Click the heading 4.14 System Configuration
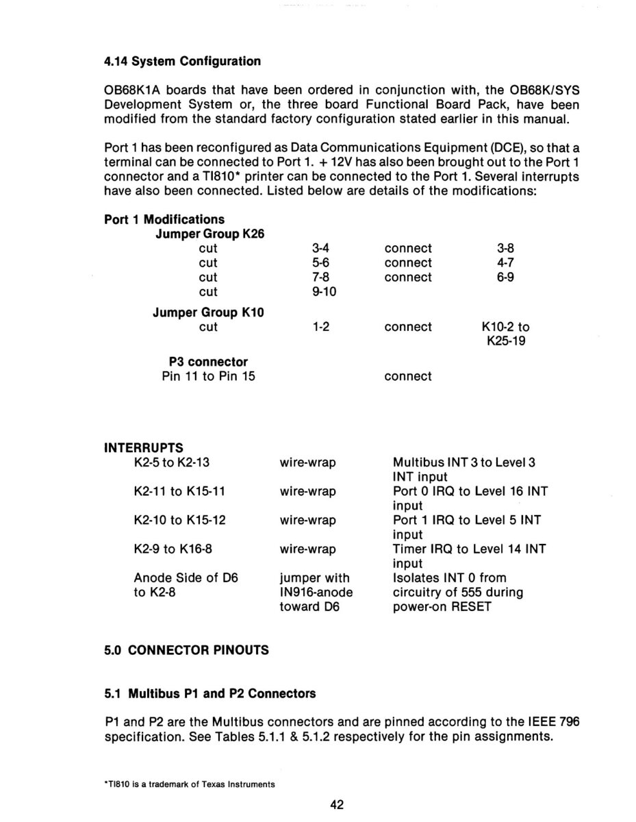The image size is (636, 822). (182, 62)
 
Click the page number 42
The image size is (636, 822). (337, 805)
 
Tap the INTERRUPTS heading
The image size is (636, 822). (144, 449)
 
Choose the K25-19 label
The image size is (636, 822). (506, 341)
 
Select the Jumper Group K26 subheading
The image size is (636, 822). (210, 234)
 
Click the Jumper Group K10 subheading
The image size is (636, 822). (208, 312)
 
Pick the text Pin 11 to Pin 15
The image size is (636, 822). (208, 376)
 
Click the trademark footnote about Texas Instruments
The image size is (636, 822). (190, 784)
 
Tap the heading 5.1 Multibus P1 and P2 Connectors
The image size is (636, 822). (210, 693)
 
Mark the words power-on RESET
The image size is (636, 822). (442, 606)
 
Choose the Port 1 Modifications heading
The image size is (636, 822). (164, 219)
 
